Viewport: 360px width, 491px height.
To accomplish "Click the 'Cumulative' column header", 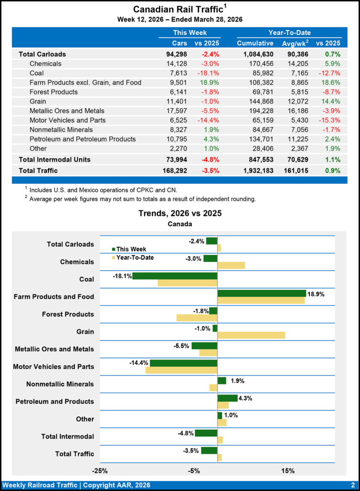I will (x=255, y=44).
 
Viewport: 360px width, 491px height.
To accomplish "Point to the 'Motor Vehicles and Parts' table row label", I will (x=68, y=120).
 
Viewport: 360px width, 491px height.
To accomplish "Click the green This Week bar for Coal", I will (x=174, y=276).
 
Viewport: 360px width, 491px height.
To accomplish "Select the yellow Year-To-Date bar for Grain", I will (x=251, y=335).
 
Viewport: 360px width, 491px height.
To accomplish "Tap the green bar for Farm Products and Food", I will (x=262, y=293).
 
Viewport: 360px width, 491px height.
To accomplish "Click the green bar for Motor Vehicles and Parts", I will (x=183, y=363).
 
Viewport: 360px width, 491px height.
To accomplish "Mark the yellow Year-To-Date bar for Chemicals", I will (x=231, y=265).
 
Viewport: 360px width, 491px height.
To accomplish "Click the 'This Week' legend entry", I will (x=129, y=249).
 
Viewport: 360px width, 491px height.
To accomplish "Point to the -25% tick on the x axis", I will (x=100, y=471).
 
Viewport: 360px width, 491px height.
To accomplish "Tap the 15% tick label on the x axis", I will (x=288, y=471).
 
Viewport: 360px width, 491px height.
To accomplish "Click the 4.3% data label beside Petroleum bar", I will (x=246, y=398).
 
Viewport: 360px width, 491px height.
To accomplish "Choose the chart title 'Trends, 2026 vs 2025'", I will (x=180, y=213).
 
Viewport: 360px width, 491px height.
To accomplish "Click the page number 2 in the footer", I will (x=352, y=485).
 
